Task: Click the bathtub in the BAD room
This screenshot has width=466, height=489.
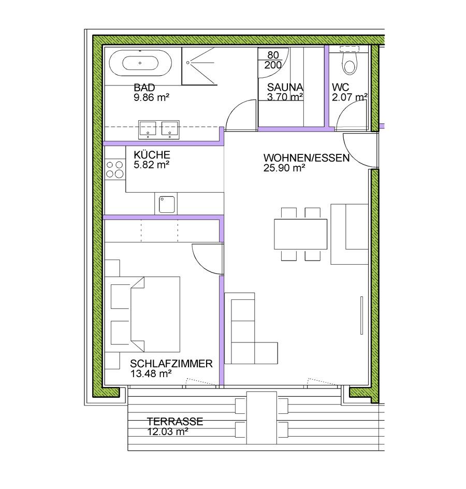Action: [140, 63]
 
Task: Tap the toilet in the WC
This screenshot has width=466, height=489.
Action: [349, 63]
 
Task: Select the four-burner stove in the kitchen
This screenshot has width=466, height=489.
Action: [115, 169]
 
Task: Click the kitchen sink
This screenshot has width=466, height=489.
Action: [167, 204]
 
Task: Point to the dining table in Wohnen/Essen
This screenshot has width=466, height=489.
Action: [300, 234]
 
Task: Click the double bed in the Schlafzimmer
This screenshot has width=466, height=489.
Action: [155, 314]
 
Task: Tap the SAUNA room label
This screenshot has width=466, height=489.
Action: [285, 87]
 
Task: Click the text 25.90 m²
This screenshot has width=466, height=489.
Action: [284, 168]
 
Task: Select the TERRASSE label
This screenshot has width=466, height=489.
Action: [175, 422]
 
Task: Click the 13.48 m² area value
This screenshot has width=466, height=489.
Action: [151, 373]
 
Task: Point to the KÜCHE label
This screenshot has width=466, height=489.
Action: [152, 155]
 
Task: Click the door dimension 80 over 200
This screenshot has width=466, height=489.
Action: [273, 60]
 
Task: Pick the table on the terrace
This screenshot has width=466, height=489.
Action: [262, 418]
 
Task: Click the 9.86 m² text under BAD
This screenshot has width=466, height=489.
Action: [152, 97]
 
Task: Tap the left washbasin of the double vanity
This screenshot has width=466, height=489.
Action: [148, 130]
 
